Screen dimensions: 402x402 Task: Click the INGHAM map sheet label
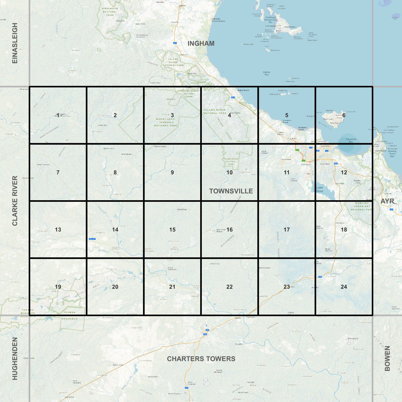(x=201, y=43)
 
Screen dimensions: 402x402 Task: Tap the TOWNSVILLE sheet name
(x=231, y=191)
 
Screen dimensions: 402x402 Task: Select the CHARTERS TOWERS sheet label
(x=201, y=359)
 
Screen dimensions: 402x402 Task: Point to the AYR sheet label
(x=387, y=201)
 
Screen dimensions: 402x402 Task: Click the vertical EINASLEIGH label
(x=15, y=43)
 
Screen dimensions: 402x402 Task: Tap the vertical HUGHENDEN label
(x=15, y=358)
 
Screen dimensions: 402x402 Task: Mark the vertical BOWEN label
(x=387, y=358)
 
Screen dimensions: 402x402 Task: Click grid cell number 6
(x=344, y=115)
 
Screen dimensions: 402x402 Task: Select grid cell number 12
(x=344, y=172)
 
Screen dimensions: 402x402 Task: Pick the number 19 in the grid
(x=58, y=287)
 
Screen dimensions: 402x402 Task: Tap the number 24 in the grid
(x=344, y=287)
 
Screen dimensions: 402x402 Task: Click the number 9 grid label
(x=172, y=172)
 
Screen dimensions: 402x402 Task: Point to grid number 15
(x=172, y=230)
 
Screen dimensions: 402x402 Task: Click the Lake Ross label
(x=320, y=189)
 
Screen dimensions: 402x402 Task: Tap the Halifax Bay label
(x=266, y=73)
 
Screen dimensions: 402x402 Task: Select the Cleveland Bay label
(x=351, y=140)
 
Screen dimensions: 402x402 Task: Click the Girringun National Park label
(x=110, y=12)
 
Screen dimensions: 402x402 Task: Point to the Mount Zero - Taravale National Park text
(x=166, y=122)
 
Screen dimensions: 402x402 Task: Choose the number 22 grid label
(x=229, y=287)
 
